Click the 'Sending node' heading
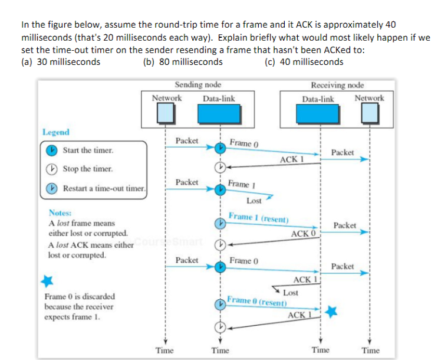pyautogui.click(x=198, y=85)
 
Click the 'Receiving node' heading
pyautogui.click(x=337, y=85)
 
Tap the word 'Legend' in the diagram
pyautogui.click(x=56, y=132)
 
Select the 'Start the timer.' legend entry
pyautogui.click(x=88, y=150)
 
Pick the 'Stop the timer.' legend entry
pyautogui.click(x=87, y=169)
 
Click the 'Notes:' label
pyautogui.click(x=60, y=212)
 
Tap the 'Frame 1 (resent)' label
pyautogui.click(x=258, y=217)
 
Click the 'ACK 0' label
pyautogui.click(x=304, y=234)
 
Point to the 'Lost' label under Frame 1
pyautogui.click(x=254, y=201)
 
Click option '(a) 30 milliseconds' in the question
pyautogui.click(x=60, y=62)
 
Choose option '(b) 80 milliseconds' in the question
pyautogui.click(x=183, y=62)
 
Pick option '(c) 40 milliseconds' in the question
pyautogui.click(x=304, y=62)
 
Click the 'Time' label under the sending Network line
pyautogui.click(x=164, y=351)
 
